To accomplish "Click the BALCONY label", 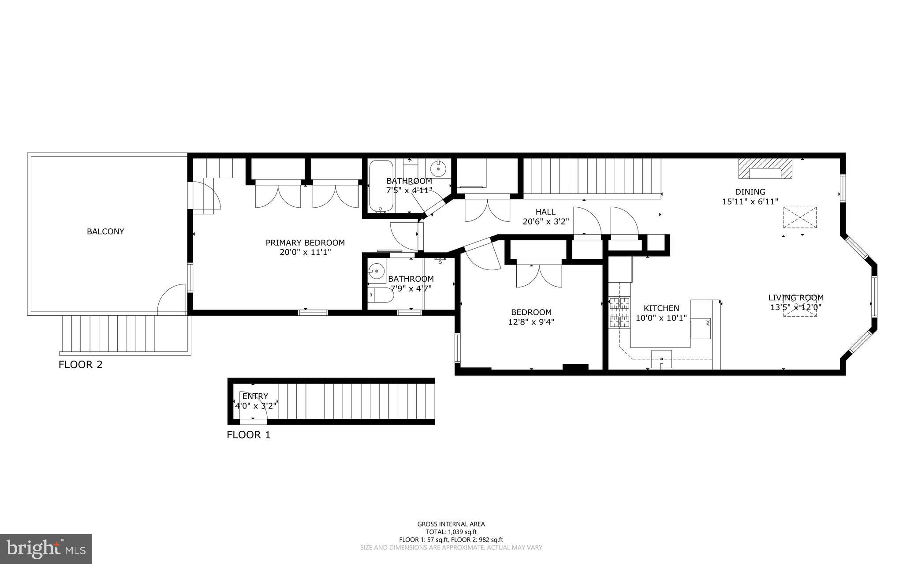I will point(105,232).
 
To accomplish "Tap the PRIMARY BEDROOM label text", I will point(305,243).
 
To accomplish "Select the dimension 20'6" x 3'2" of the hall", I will point(545,221).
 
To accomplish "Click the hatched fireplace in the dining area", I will point(765,169).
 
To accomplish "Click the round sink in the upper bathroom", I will point(438,168).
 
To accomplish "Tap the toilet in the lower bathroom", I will point(380,295).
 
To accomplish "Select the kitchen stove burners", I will point(619,313).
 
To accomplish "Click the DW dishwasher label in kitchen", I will point(707,322).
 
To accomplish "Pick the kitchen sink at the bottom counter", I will point(661,359).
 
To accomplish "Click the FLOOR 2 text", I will point(81,365).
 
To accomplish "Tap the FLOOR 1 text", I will point(248,435).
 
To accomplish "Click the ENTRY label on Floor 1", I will point(255,396).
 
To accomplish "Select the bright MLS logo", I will point(46,548).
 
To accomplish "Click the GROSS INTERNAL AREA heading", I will point(451,524).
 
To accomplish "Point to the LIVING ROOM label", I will point(796,298).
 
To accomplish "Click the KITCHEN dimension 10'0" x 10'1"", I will point(661,317).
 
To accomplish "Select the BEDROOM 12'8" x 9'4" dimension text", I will point(531,322).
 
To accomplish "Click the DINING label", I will point(750,192).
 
